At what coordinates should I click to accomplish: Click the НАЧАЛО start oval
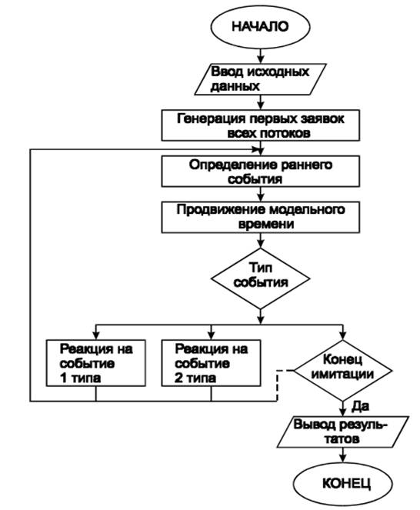click(260, 27)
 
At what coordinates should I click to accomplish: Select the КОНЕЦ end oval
click(342, 484)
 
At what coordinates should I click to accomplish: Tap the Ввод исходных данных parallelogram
click(260, 79)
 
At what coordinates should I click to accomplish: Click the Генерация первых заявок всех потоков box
click(260, 125)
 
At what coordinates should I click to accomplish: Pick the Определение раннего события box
click(260, 172)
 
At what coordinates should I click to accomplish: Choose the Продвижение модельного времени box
click(260, 217)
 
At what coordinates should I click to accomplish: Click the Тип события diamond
click(260, 278)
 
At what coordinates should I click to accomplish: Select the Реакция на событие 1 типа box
click(95, 363)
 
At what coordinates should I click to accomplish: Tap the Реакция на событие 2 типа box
click(211, 363)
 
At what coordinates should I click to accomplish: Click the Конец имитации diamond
click(342, 370)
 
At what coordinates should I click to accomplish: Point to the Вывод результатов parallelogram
click(342, 432)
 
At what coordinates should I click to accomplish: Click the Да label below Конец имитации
click(360, 406)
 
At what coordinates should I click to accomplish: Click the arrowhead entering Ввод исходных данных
click(260, 60)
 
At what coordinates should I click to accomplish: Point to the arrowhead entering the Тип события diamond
click(260, 245)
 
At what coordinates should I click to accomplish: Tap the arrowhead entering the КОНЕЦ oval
click(342, 458)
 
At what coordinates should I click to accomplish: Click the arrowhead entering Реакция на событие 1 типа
click(95, 336)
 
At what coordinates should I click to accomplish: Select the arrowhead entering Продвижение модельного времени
click(260, 198)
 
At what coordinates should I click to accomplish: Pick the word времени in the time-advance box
click(266, 225)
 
